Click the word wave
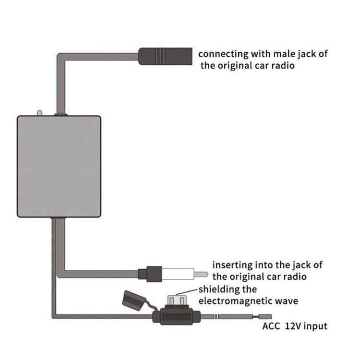point(288,301)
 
